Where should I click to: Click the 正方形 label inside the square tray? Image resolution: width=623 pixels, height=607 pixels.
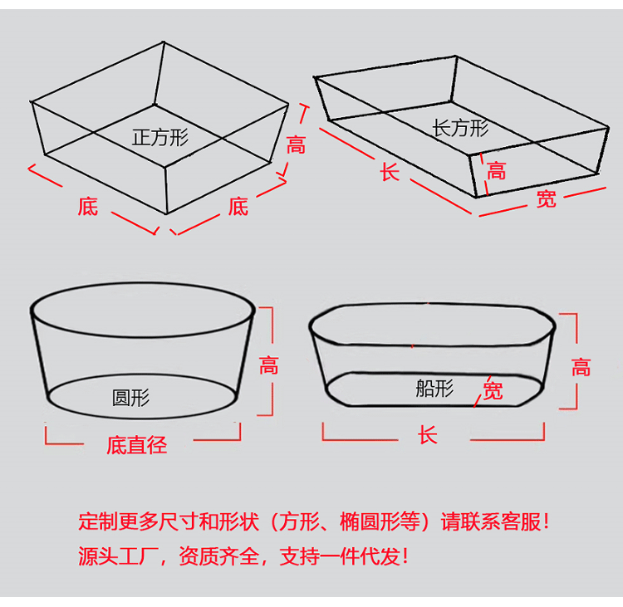click(x=160, y=137)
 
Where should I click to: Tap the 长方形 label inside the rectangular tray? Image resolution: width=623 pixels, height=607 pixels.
click(x=460, y=128)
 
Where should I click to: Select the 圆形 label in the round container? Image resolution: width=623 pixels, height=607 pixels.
click(x=130, y=397)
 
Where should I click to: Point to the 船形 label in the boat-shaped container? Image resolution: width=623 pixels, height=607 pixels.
click(x=434, y=388)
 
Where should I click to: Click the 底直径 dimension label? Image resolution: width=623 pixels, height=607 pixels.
click(x=136, y=446)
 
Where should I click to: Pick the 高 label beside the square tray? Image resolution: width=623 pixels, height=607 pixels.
click(x=297, y=146)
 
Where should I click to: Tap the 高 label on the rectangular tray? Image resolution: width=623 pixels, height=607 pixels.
click(x=496, y=172)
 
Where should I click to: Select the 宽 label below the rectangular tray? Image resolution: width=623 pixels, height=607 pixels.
click(x=546, y=199)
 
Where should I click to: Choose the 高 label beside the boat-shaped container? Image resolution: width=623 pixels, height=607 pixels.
click(x=581, y=366)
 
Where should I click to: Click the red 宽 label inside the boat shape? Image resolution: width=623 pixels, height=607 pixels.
click(x=493, y=390)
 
